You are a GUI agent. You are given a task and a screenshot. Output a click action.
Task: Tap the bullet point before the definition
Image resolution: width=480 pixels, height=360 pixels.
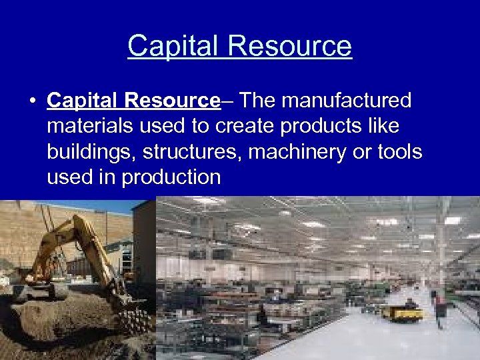(x=31, y=101)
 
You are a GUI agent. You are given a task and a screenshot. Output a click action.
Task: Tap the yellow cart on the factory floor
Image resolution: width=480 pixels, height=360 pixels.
(x=402, y=312)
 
